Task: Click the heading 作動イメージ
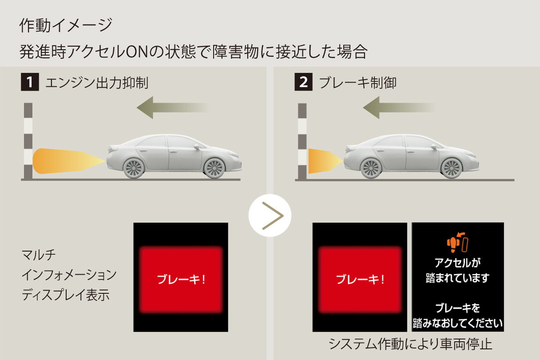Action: click(66, 25)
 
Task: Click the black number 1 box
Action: click(30, 82)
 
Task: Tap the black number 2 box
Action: click(303, 82)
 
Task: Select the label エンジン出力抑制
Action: click(97, 83)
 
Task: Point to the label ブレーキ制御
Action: click(358, 83)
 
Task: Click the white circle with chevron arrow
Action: click(270, 216)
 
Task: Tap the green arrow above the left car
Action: click(173, 108)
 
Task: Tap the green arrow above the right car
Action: click(399, 108)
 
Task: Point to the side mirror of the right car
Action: click(434, 147)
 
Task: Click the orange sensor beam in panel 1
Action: click(69, 161)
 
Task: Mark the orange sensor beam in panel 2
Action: click(326, 161)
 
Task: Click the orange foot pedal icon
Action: click(457, 243)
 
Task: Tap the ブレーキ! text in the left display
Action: click(181, 280)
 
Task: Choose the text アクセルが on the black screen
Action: click(457, 263)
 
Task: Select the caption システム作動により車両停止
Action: click(410, 344)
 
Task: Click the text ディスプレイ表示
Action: click(66, 295)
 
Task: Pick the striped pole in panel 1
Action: click(28, 141)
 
